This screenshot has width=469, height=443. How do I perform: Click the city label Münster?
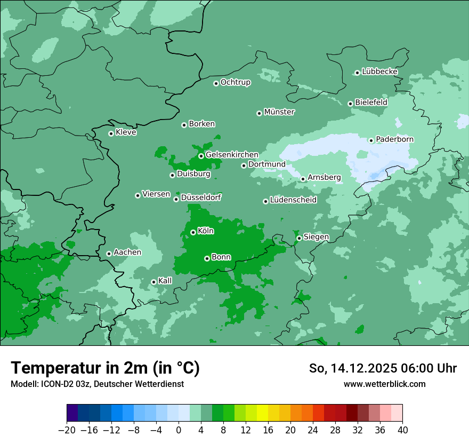tap(279, 112)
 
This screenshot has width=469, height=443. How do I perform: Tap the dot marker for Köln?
tap(193, 232)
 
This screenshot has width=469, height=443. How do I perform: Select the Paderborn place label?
tap(394, 139)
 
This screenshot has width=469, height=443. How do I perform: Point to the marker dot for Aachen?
tap(109, 254)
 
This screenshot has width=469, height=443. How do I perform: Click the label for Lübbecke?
tap(379, 72)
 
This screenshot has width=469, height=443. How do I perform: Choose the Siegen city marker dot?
tap(299, 238)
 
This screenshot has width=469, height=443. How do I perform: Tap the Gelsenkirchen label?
tap(232, 155)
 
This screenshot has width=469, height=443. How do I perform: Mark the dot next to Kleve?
tap(111, 133)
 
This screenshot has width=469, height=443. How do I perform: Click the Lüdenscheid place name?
tap(293, 200)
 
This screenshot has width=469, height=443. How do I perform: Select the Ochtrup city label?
tap(236, 82)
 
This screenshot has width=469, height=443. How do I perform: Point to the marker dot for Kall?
tap(153, 282)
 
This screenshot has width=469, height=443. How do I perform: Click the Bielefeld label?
tap(371, 102)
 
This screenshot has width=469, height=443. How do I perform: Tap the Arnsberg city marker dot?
tap(303, 179)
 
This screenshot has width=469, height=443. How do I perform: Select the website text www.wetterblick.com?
tap(384, 384)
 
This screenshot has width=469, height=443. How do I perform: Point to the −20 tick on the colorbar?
tap(67, 430)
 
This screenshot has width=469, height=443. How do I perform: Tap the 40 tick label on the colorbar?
tap(402, 430)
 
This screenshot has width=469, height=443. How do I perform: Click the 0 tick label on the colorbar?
tap(179, 430)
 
